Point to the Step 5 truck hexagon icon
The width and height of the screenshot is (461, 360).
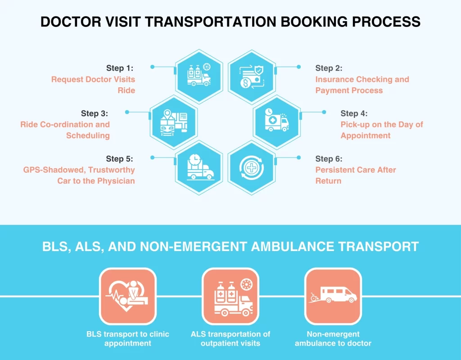(x=199, y=167)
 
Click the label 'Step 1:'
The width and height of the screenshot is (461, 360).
(x=120, y=68)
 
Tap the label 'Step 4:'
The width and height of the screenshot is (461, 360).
(x=354, y=113)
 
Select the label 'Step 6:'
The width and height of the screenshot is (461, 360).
(x=329, y=159)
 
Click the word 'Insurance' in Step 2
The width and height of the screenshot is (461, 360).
(x=334, y=80)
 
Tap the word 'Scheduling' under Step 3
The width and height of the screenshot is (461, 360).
(x=88, y=135)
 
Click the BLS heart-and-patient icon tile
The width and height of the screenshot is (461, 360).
(x=127, y=297)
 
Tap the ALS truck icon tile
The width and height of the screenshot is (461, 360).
(x=230, y=297)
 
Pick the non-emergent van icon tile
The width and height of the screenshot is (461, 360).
(x=333, y=297)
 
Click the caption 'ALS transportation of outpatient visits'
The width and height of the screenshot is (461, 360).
(x=230, y=339)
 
